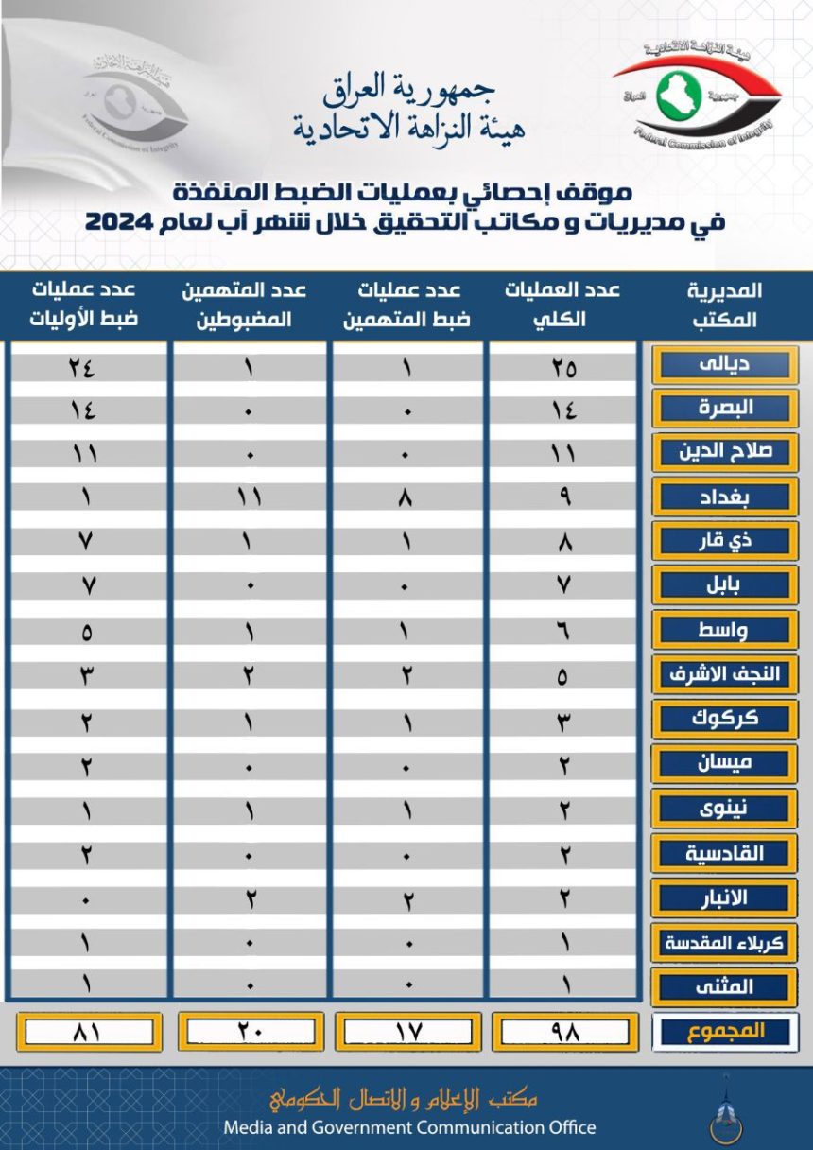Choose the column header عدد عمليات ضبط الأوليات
[87, 305]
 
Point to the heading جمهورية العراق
[408, 91]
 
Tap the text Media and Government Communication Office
[409, 1126]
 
